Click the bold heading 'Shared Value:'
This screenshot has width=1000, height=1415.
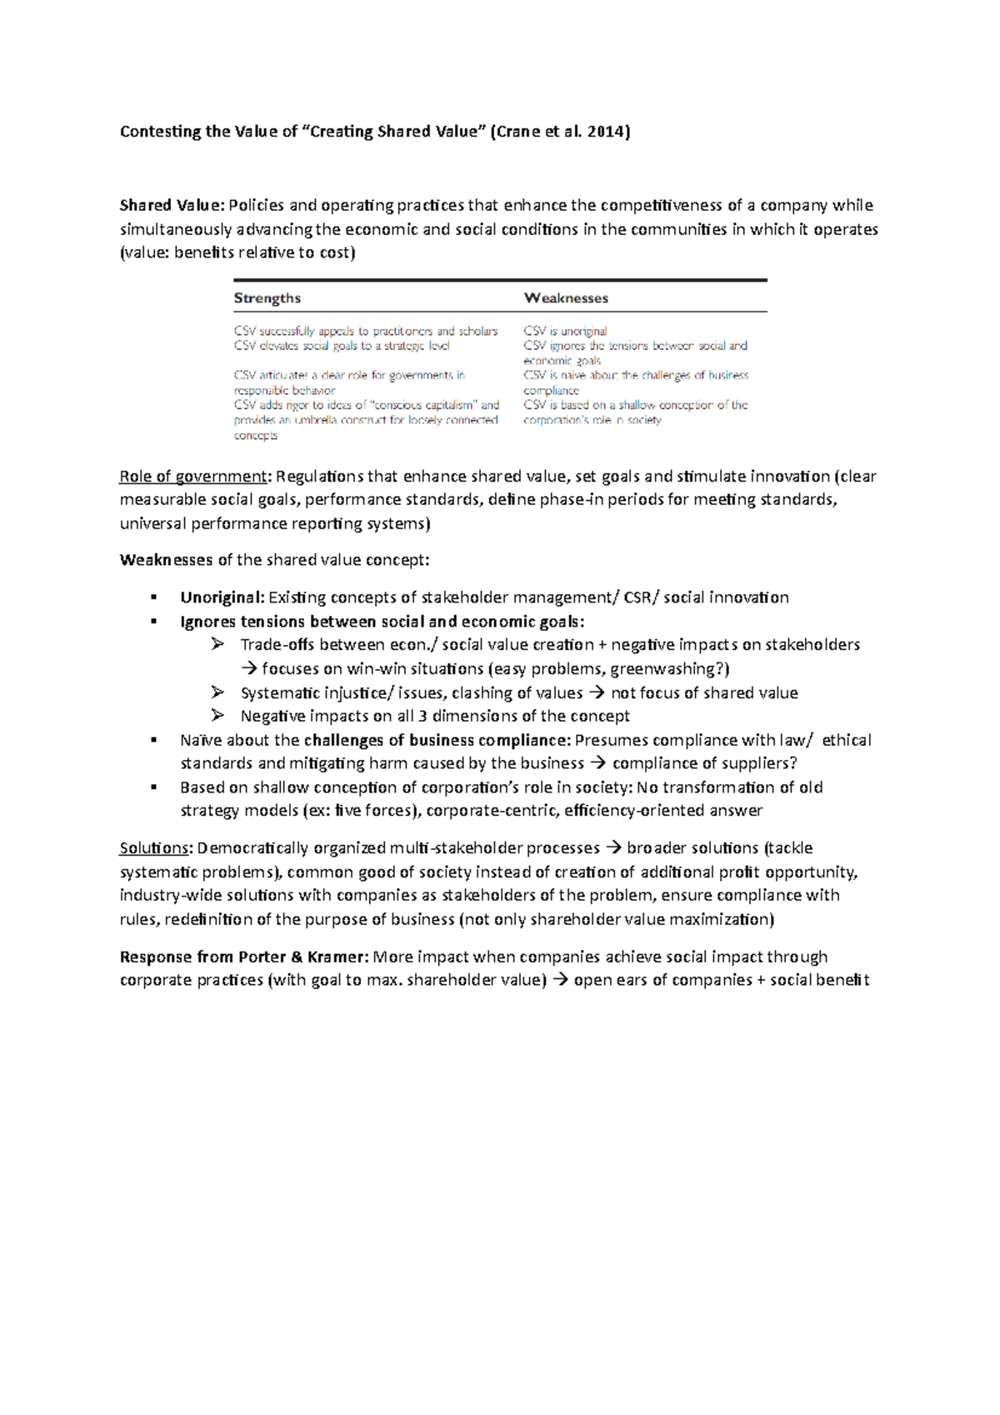tap(172, 206)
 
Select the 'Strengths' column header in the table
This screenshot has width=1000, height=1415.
tap(267, 298)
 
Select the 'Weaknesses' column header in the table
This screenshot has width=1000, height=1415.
tap(566, 298)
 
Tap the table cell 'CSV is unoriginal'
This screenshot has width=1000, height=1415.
tap(565, 331)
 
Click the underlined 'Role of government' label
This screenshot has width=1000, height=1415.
tap(193, 477)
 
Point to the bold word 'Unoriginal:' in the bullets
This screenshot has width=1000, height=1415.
tap(222, 597)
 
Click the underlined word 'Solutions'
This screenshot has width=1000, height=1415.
tap(155, 848)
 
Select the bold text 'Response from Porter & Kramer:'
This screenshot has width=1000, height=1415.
tap(244, 957)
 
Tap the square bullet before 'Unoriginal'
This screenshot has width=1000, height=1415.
tap(154, 597)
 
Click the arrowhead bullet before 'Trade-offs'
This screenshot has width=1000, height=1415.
tap(217, 644)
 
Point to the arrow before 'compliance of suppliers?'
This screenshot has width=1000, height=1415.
tap(598, 764)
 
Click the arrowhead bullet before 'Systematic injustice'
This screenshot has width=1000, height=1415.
tap(217, 692)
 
